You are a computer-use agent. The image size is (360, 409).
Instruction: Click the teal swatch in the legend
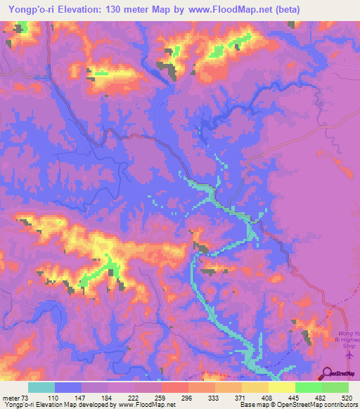pos(41,387)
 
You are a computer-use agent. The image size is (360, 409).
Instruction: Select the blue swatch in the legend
pos(68,387)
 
